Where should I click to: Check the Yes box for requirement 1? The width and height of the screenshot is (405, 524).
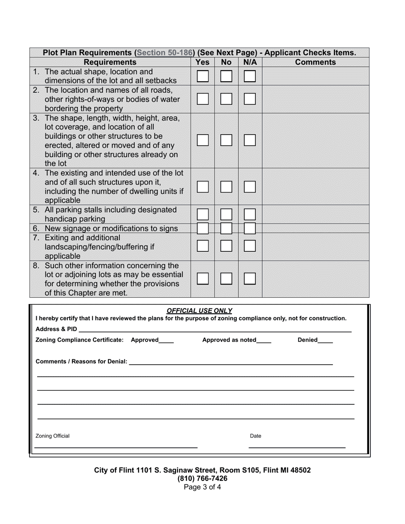tap(202, 76)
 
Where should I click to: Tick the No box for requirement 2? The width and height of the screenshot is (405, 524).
tap(226, 99)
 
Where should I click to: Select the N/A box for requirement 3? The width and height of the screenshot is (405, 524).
tap(250, 140)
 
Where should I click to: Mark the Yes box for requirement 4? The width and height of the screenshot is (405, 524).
tap(202, 187)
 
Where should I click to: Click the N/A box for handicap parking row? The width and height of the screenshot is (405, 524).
tap(250, 214)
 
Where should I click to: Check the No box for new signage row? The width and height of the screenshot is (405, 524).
tap(226, 228)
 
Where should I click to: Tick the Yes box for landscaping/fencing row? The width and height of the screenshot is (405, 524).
tap(202, 246)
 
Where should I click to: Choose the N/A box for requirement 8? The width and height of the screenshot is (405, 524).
tap(250, 279)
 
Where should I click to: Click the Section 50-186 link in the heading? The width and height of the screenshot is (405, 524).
tap(164, 53)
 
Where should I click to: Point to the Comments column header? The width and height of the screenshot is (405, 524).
tap(315, 62)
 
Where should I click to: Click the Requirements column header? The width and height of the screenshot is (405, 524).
tap(110, 62)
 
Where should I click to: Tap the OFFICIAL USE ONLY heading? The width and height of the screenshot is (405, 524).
tap(199, 311)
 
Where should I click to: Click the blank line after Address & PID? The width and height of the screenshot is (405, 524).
tap(215, 330)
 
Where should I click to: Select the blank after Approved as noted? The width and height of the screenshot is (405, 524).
tap(264, 340)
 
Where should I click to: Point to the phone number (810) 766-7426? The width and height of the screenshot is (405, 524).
tap(202, 478)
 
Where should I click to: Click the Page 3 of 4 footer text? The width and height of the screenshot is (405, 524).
tap(202, 487)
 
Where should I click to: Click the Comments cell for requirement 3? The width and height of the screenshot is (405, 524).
tap(315, 140)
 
